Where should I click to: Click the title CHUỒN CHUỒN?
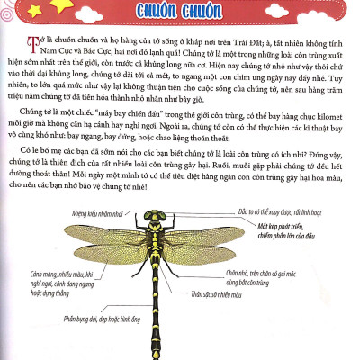pos(180,12)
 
